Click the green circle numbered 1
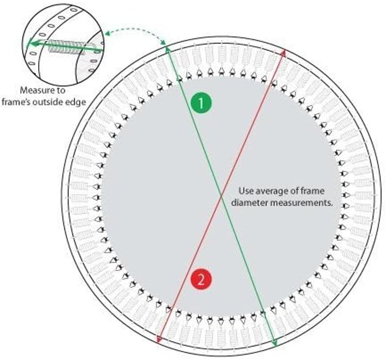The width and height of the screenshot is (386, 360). pyautogui.click(x=201, y=103)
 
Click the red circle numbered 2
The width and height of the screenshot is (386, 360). pyautogui.click(x=201, y=280)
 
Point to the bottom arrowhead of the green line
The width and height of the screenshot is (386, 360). pyautogui.click(x=275, y=344)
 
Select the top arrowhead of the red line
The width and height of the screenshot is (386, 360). pyautogui.click(x=284, y=52)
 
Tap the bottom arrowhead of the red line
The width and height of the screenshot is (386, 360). pyautogui.click(x=158, y=340)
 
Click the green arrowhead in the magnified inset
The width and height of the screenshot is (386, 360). pyautogui.click(x=29, y=44)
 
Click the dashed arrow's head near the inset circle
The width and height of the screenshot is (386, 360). pyautogui.click(x=106, y=34)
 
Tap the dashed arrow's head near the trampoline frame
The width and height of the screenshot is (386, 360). pyautogui.click(x=163, y=42)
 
